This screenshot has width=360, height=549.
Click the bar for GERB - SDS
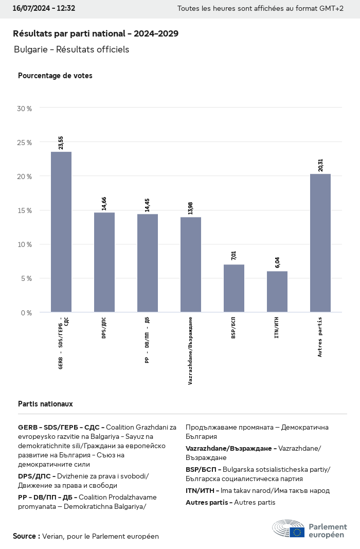pos(61,232)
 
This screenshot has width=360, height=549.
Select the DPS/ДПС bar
pos(104,262)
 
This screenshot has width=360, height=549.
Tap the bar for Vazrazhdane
pos(191,264)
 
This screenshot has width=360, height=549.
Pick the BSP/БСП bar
pos(234,288)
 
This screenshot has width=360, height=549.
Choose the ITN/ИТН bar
pos(277,292)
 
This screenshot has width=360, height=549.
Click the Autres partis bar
pos(320,243)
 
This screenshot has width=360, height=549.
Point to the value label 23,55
pos(61,143)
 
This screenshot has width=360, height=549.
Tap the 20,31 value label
pos(320,165)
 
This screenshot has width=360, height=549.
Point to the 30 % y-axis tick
pos(24,109)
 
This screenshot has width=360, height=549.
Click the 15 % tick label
pos(24,210)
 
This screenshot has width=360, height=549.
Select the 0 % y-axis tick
pos(26,313)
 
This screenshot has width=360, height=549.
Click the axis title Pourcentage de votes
pos(55,76)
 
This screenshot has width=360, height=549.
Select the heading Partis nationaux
pos(45,404)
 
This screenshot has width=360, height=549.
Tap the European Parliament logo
pos(310,529)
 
